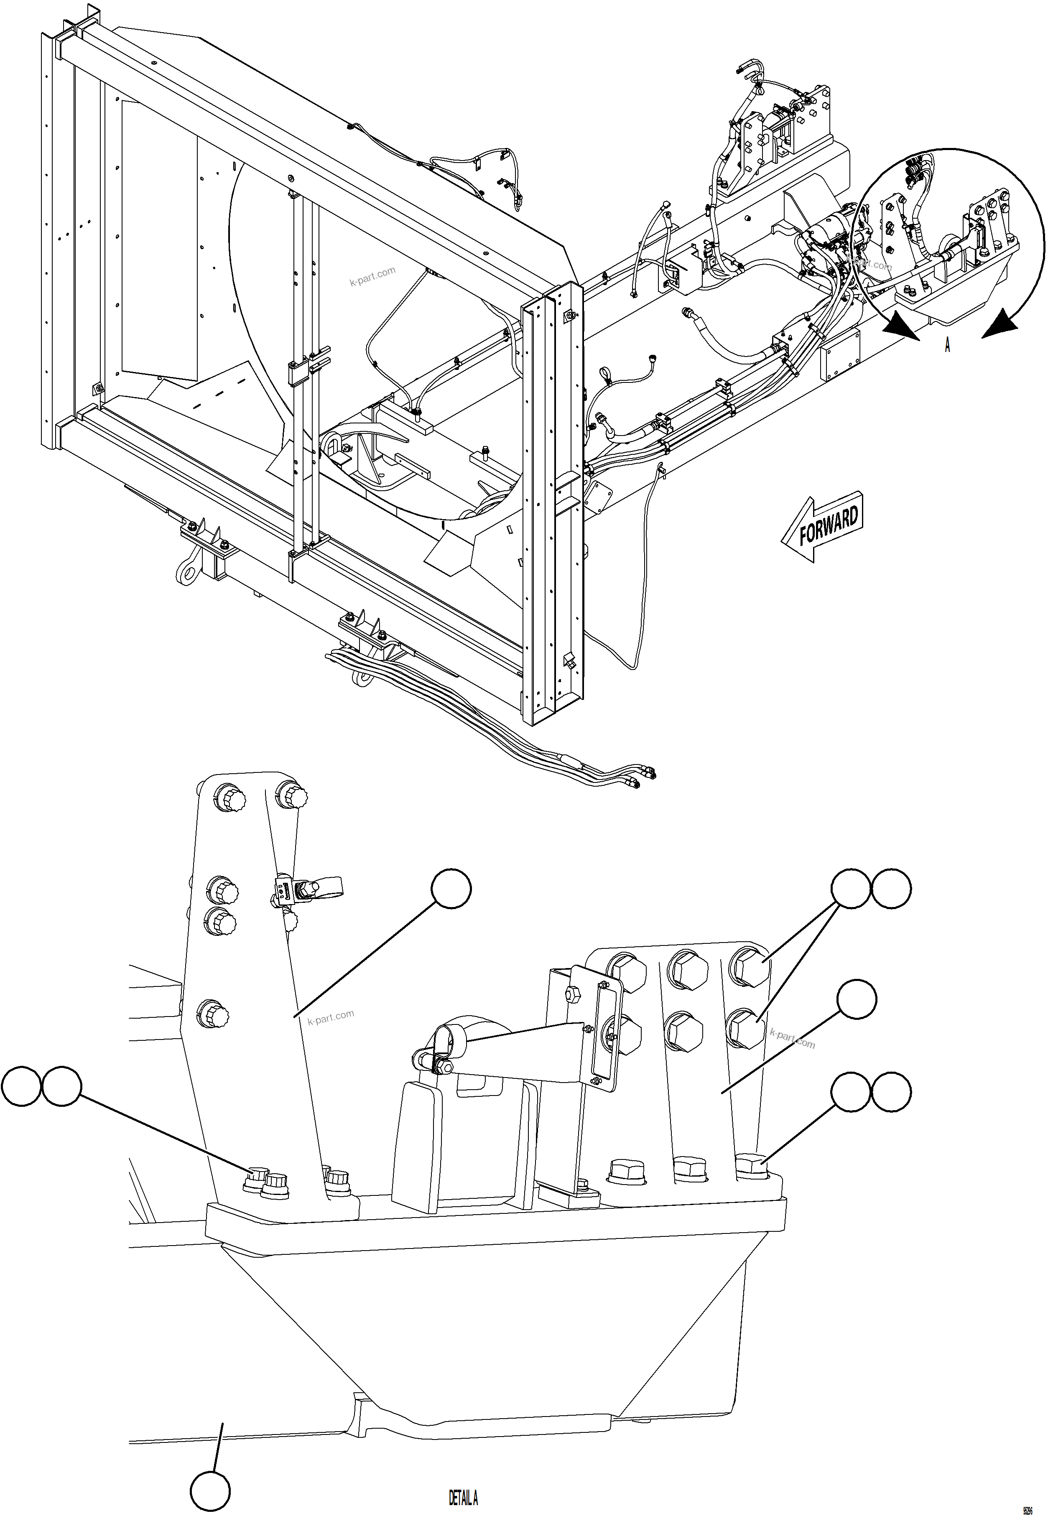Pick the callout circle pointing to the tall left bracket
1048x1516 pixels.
click(451, 889)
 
